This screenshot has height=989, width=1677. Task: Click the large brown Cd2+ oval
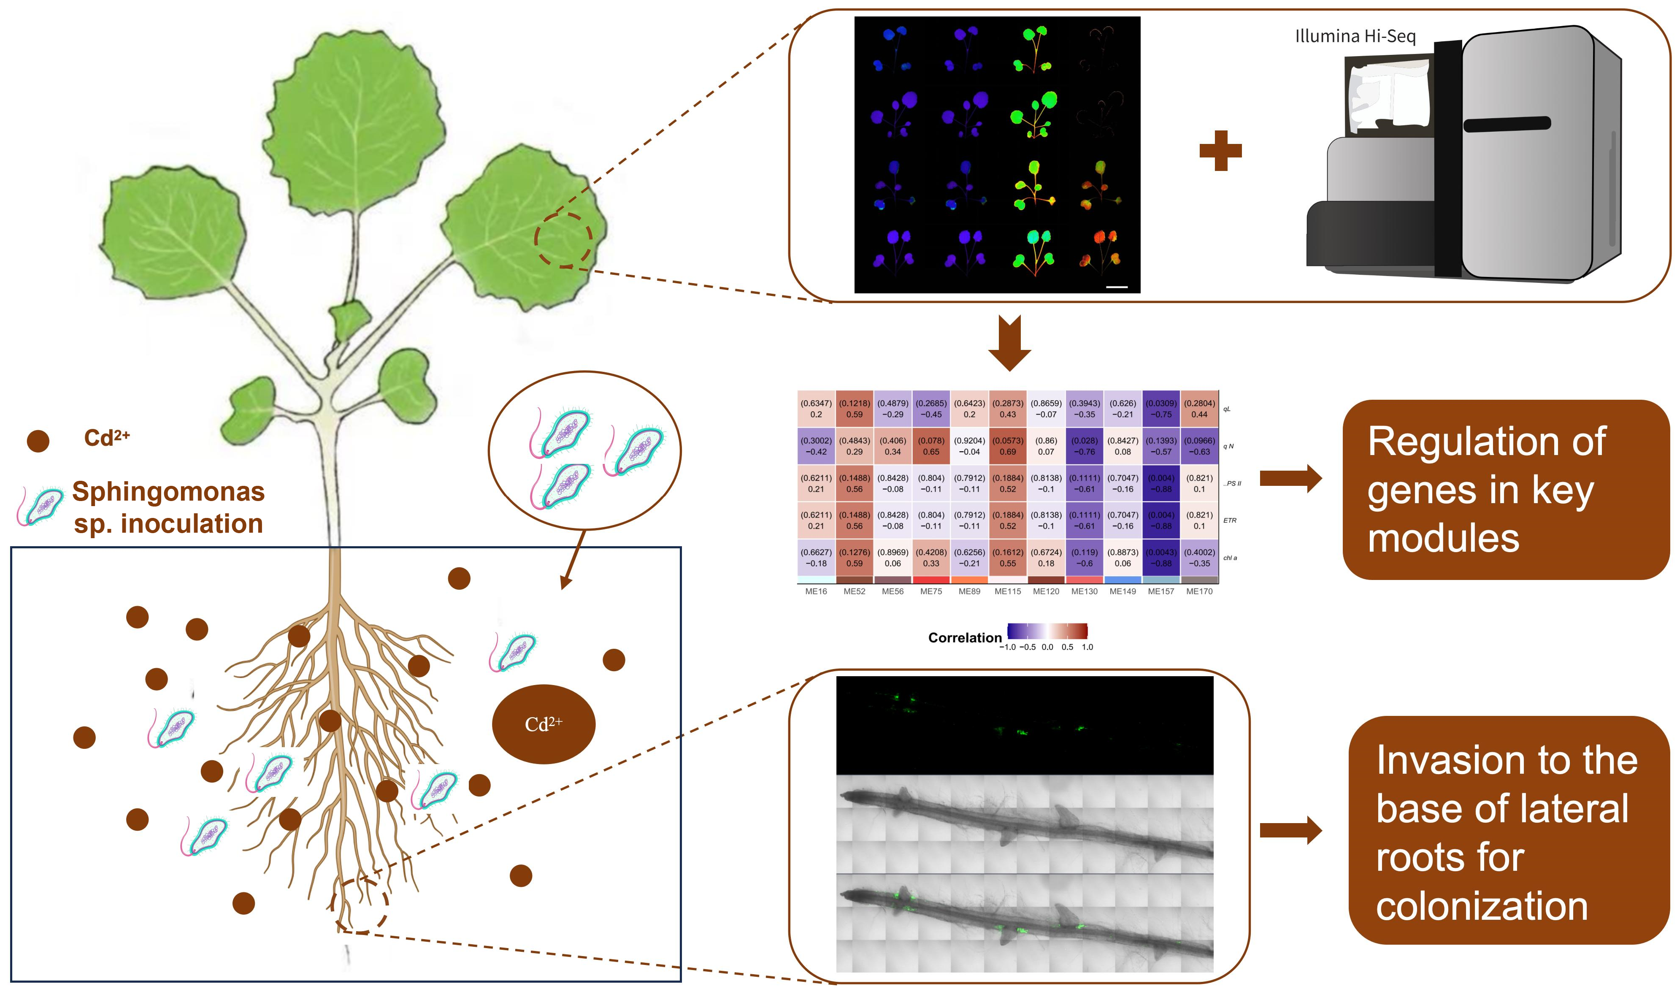point(543,724)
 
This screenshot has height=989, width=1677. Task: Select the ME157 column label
point(1160,591)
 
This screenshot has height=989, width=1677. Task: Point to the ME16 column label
point(816,591)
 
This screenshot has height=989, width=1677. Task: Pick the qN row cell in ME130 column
point(1084,446)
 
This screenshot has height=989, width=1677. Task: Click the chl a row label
point(1230,558)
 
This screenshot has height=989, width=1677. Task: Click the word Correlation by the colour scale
point(964,638)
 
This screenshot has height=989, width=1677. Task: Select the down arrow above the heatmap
point(1009,343)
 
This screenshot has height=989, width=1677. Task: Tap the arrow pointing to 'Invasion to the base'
point(1290,830)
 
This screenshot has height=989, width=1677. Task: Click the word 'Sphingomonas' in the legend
point(168,491)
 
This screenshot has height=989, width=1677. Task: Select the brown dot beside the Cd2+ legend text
point(38,441)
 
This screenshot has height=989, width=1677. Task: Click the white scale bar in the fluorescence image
point(1116,287)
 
